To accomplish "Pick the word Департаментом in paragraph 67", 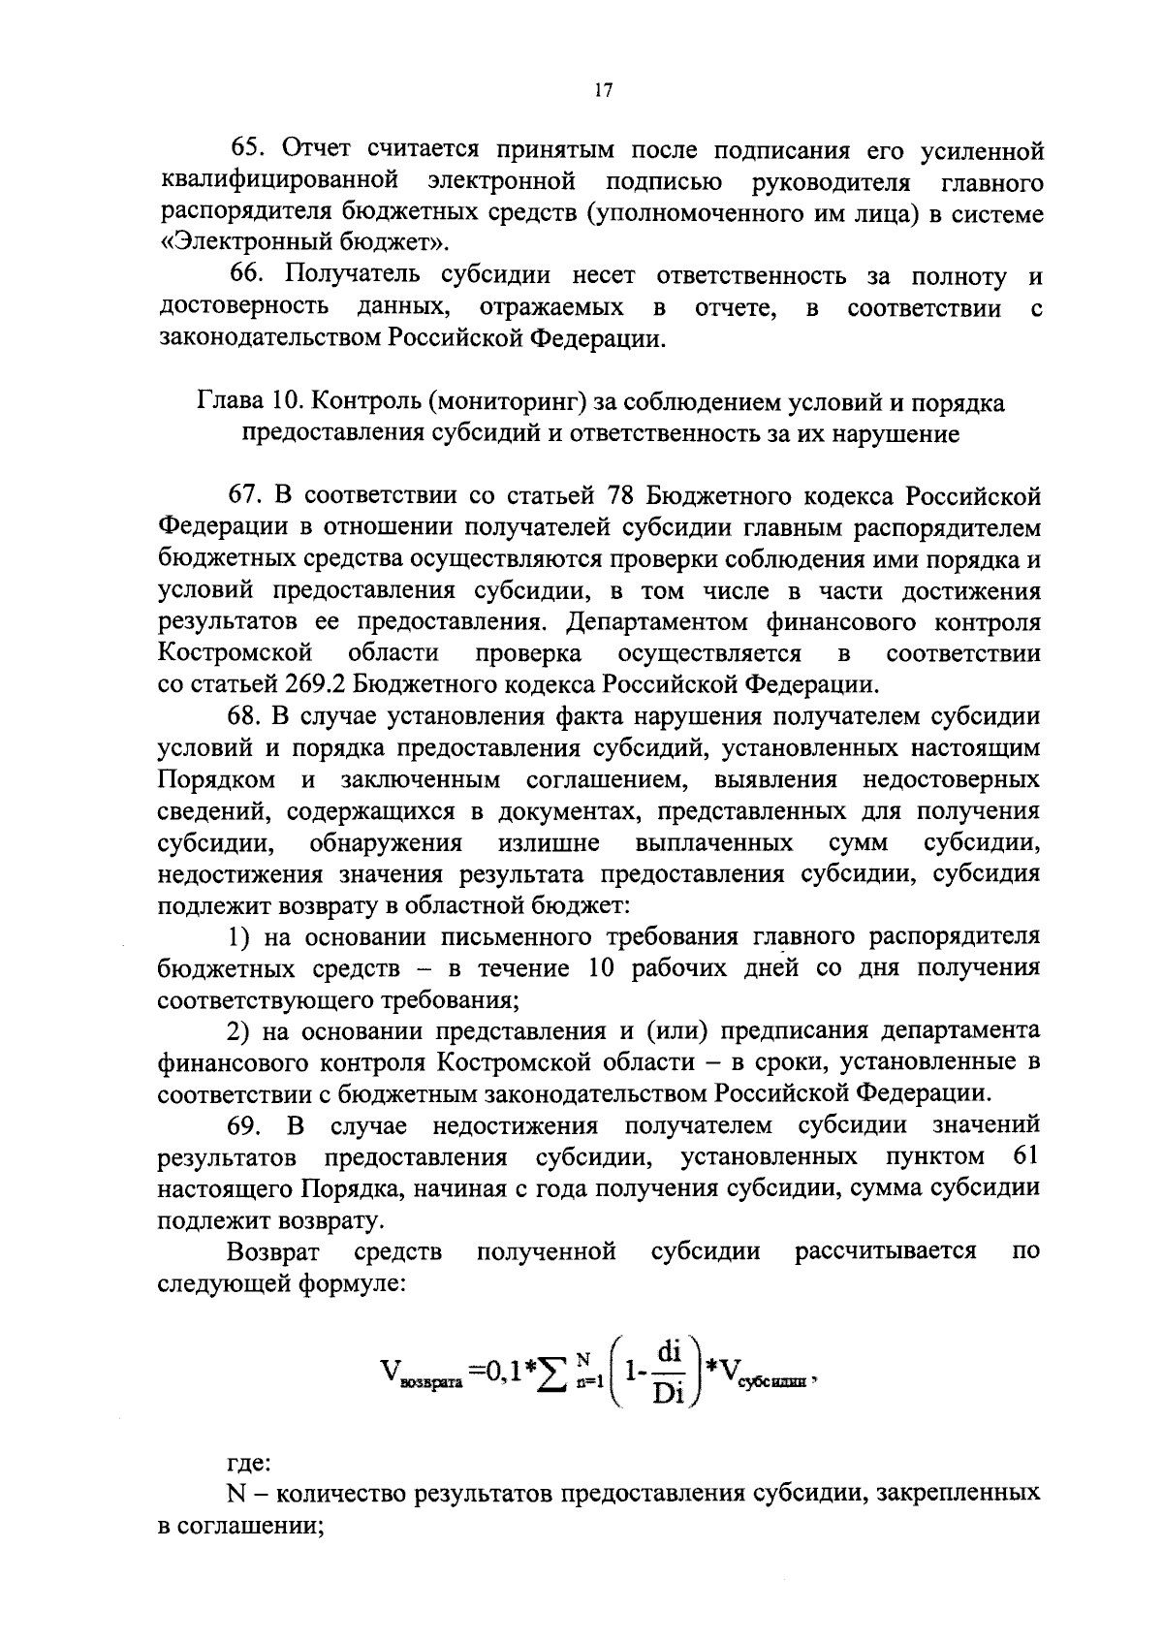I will tap(658, 621).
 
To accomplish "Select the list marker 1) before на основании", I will tap(239, 936).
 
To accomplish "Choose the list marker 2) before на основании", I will tap(239, 1029).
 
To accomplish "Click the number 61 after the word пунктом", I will tap(1024, 1156).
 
